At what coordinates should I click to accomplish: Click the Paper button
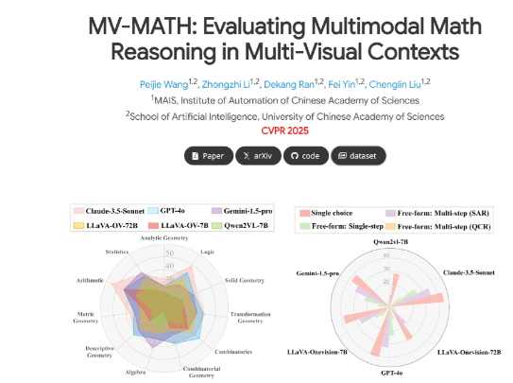(208, 155)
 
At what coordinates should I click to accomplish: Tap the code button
(308, 155)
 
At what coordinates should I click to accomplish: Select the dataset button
(359, 155)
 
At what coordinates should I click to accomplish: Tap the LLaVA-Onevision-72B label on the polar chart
(472, 352)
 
